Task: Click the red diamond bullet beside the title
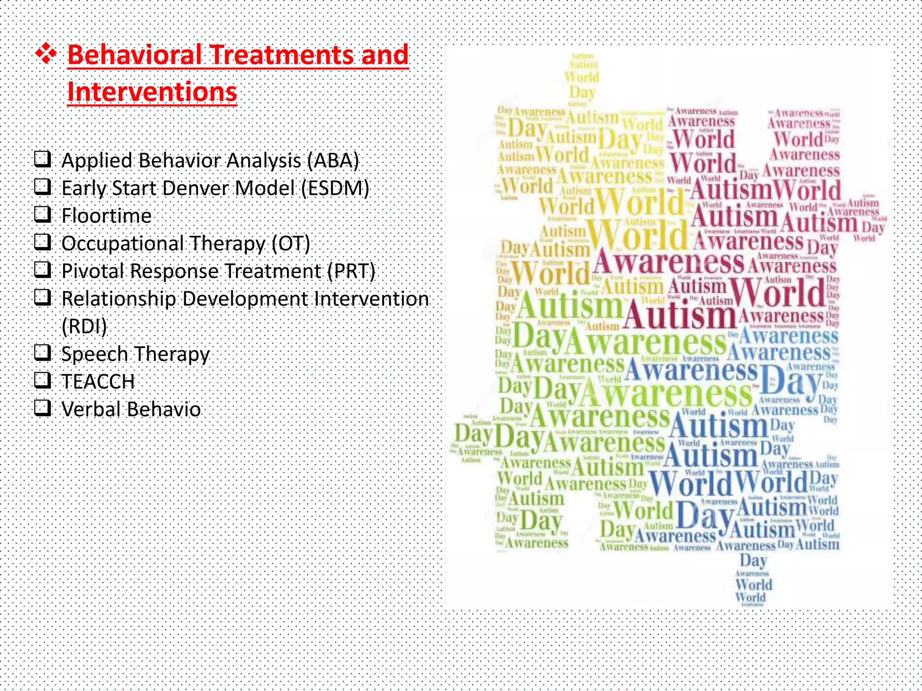[x=46, y=55]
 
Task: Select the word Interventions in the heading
[x=152, y=92]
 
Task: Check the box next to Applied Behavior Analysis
[x=43, y=159]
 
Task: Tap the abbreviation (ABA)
[x=333, y=161]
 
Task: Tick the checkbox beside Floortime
[x=43, y=214]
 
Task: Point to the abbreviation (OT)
[x=291, y=243]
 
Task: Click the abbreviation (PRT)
[x=351, y=271]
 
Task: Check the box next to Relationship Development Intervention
[x=43, y=297]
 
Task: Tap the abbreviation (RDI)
[x=84, y=326]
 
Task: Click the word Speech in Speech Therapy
[x=94, y=354]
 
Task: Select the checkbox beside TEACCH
[x=43, y=380]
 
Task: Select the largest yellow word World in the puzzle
[x=637, y=235]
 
